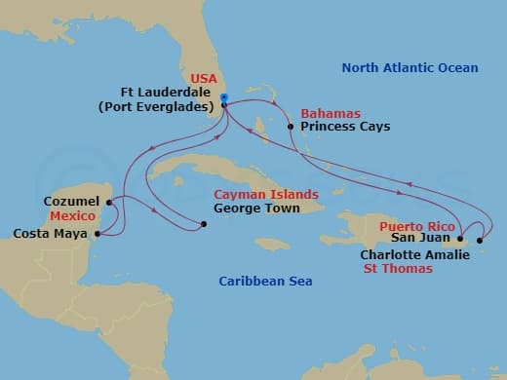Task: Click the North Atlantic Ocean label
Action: [409, 67]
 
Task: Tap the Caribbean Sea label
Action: [264, 282]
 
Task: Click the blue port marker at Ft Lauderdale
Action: [224, 98]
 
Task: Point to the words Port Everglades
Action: [168, 107]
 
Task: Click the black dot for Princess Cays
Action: [291, 127]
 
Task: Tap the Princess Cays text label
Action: [345, 127]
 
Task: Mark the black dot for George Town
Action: [203, 225]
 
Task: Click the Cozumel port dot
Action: [109, 203]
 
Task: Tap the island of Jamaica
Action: [272, 244]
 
